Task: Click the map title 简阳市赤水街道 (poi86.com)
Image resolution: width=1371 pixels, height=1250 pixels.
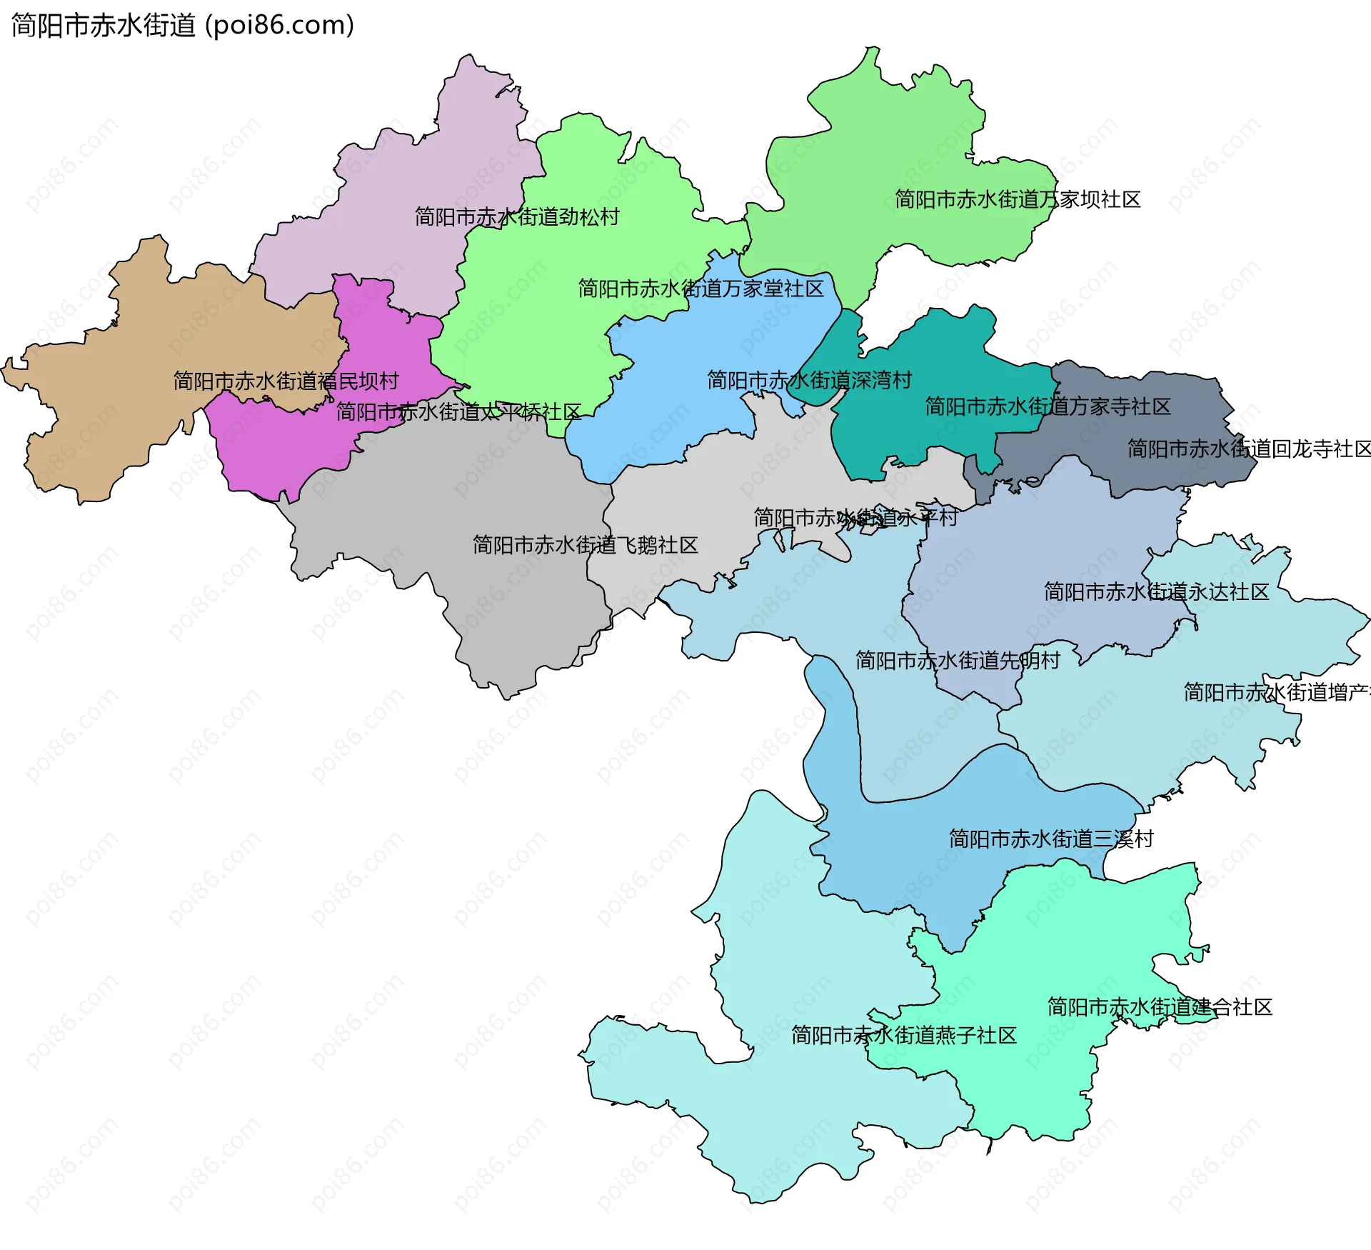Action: pyautogui.click(x=183, y=25)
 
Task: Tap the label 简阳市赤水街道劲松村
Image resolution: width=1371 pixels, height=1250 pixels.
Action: pyautogui.click(x=517, y=216)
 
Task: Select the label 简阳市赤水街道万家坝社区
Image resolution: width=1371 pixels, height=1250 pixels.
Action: pyautogui.click(x=1018, y=199)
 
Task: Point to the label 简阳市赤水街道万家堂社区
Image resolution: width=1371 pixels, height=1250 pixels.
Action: pyautogui.click(x=700, y=289)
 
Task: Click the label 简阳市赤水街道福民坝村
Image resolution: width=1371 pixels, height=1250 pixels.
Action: pyautogui.click(x=286, y=381)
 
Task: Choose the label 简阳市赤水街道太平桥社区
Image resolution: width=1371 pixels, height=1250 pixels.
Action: pyautogui.click(x=458, y=411)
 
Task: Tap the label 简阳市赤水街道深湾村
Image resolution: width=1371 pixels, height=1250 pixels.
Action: pyautogui.click(x=809, y=380)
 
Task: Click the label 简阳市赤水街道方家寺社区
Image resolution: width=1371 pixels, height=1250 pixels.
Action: pyautogui.click(x=1048, y=406)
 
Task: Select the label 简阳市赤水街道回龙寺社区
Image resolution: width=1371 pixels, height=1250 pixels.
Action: pyautogui.click(x=1248, y=449)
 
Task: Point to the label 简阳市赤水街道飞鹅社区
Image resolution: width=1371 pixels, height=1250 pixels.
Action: pyautogui.click(x=585, y=545)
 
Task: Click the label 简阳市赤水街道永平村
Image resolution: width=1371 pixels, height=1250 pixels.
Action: pyautogui.click(x=855, y=517)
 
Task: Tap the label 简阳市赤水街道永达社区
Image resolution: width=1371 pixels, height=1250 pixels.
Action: pyautogui.click(x=1156, y=591)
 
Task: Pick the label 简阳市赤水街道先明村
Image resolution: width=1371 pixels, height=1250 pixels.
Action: pyautogui.click(x=958, y=660)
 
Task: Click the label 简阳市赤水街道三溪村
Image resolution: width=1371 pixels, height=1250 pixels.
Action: pyautogui.click(x=1051, y=839)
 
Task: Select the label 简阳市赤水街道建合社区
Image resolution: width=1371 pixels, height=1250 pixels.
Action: pyautogui.click(x=1159, y=1007)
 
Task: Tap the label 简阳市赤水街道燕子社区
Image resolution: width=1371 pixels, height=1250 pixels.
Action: pyautogui.click(x=903, y=1035)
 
